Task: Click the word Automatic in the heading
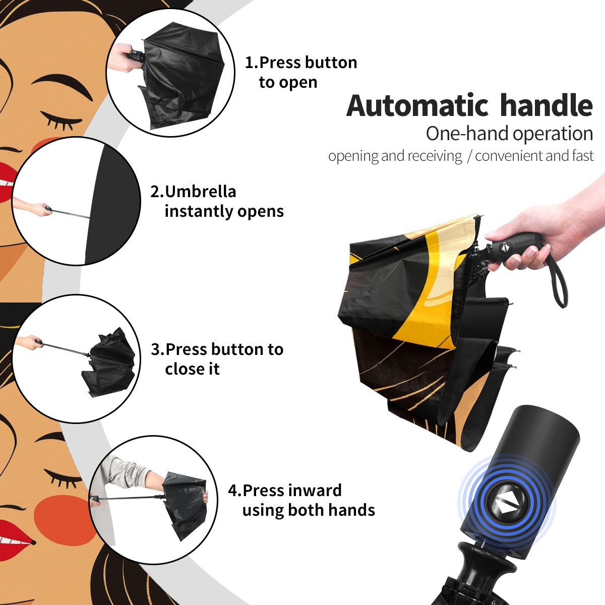[x=417, y=106]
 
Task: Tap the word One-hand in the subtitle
[x=467, y=134]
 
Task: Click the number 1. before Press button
[x=251, y=63]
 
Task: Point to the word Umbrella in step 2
[x=201, y=192]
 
